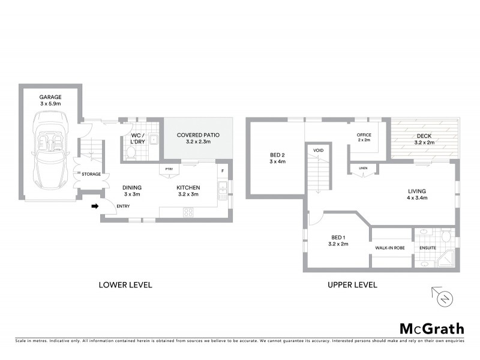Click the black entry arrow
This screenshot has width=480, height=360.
tap(94, 206)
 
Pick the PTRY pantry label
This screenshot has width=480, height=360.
tap(169, 169)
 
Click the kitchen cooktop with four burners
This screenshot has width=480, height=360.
tap(188, 212)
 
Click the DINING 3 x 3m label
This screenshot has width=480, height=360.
tap(131, 191)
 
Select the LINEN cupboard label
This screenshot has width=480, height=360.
tap(362, 168)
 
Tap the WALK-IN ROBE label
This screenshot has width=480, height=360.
tap(389, 247)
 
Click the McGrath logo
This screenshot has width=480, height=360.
tap(432, 328)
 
